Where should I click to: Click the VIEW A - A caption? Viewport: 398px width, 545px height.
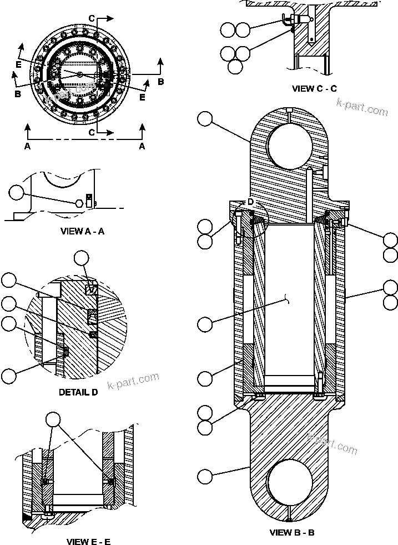(x=82, y=231)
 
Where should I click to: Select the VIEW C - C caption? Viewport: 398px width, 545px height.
(x=314, y=88)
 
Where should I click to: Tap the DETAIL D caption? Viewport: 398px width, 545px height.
(x=78, y=392)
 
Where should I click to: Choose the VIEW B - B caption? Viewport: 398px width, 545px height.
(x=292, y=532)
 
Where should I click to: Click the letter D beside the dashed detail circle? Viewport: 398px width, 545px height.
(x=250, y=201)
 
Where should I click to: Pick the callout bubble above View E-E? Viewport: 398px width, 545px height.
(x=53, y=419)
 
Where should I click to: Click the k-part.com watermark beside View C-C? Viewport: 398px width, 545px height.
(x=361, y=109)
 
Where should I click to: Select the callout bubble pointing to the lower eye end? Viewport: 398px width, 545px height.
(x=205, y=477)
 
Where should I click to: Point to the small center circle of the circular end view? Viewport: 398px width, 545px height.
(x=80, y=74)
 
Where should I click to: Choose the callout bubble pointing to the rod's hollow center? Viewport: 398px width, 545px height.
(x=205, y=323)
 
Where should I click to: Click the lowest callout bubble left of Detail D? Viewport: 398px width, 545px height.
(x=9, y=376)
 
